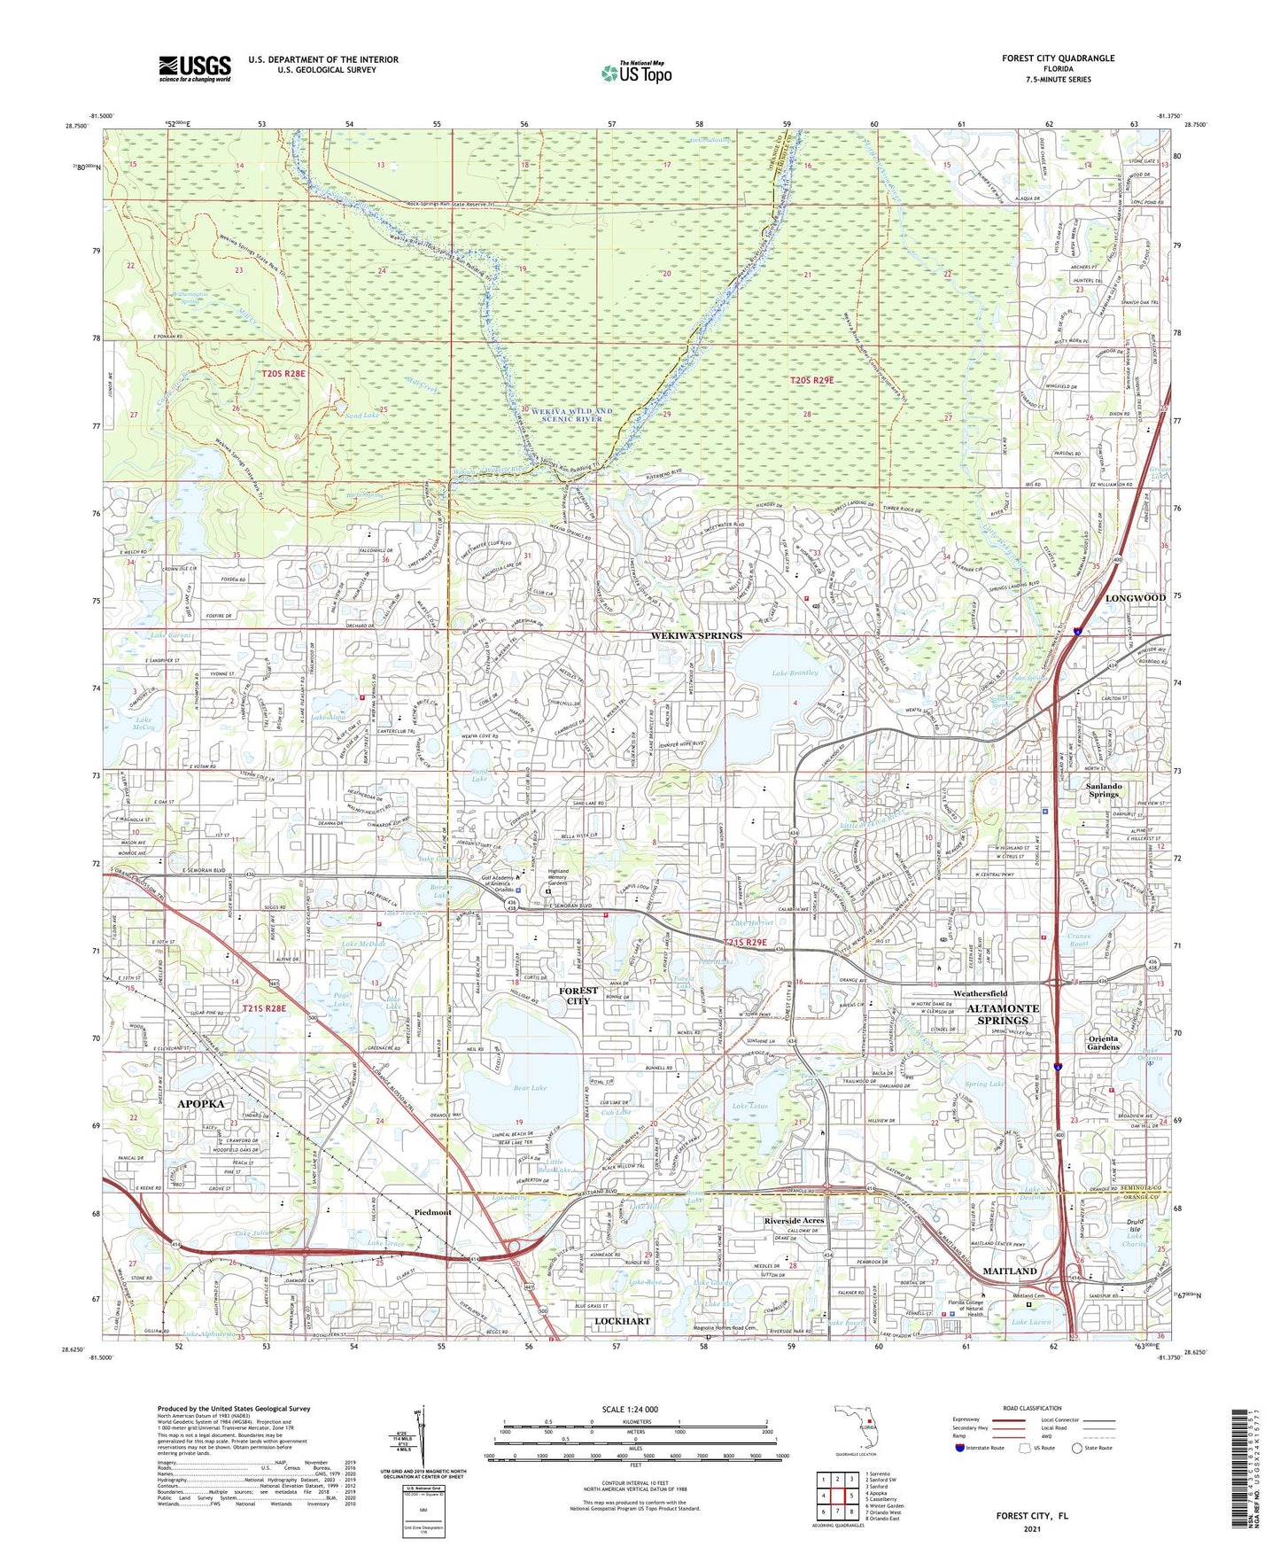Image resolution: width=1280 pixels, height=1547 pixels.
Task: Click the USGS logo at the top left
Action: coord(195,67)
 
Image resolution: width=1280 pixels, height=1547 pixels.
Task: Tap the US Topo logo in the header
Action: coord(636,73)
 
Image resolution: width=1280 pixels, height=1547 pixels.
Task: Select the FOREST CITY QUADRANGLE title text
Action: coord(1058,58)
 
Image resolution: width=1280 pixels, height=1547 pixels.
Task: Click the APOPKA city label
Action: coord(201,1103)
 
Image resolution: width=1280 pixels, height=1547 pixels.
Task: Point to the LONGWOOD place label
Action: coord(1135,598)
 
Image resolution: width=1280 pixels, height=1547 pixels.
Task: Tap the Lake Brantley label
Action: coord(795,673)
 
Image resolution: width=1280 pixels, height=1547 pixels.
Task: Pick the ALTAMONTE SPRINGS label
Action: coord(1002,1014)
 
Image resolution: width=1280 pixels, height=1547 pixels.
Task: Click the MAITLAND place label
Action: coord(1011,1271)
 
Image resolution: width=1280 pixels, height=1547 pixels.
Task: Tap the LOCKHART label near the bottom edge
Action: coord(622,1320)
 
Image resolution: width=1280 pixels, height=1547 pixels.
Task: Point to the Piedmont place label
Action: coord(432,1212)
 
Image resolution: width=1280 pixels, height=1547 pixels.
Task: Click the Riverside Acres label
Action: coord(794,1220)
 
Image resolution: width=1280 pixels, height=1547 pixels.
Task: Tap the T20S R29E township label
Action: coord(812,380)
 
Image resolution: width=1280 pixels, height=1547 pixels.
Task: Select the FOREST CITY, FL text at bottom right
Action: coord(1032,1516)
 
